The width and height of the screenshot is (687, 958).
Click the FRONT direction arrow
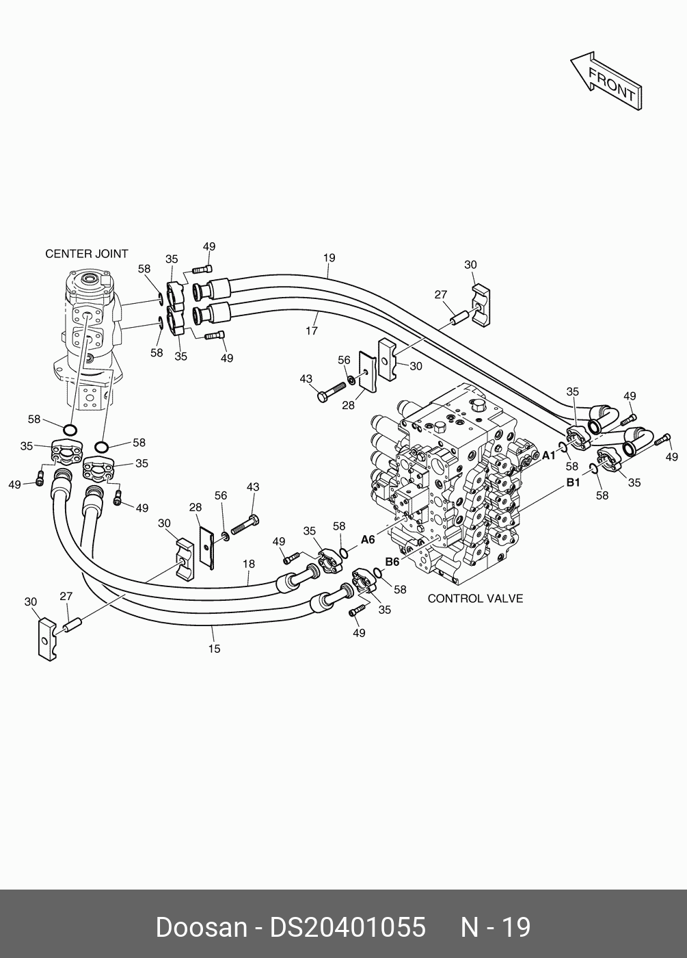pyautogui.click(x=606, y=81)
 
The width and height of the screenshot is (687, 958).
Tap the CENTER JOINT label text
pyautogui.click(x=86, y=254)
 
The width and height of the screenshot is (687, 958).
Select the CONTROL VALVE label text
pyautogui.click(x=475, y=599)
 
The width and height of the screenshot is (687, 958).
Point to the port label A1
pyautogui.click(x=550, y=456)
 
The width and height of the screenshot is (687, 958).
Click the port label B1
pyautogui.click(x=573, y=483)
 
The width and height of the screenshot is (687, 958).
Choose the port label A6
pyautogui.click(x=368, y=540)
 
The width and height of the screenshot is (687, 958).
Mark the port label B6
pyautogui.click(x=392, y=562)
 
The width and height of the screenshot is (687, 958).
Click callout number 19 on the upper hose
pyautogui.click(x=329, y=258)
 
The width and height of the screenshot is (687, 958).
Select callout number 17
pyautogui.click(x=312, y=331)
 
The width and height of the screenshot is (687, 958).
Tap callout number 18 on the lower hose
pyautogui.click(x=248, y=564)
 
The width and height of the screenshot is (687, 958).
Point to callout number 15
pyautogui.click(x=214, y=649)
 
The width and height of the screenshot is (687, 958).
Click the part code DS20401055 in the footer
pyautogui.click(x=348, y=928)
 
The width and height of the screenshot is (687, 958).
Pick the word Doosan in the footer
pyautogui.click(x=201, y=928)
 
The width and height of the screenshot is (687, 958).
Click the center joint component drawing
pyautogui.click(x=89, y=335)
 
